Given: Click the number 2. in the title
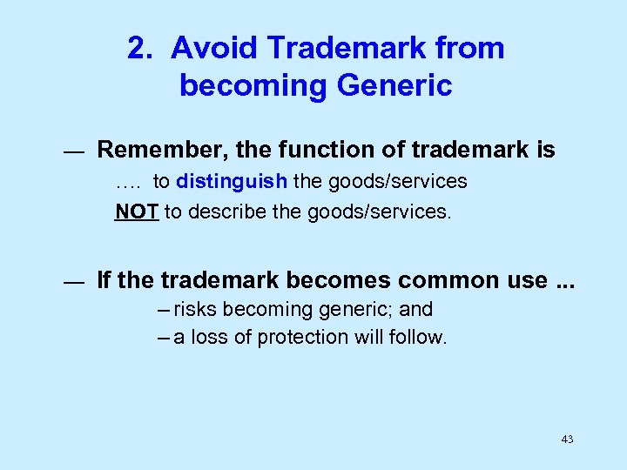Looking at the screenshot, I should point(140,49).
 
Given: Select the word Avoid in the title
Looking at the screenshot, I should point(204,49).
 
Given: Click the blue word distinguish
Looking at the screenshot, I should point(232,182).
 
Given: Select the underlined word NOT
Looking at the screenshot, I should point(137,212).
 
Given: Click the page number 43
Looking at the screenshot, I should point(567,440).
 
